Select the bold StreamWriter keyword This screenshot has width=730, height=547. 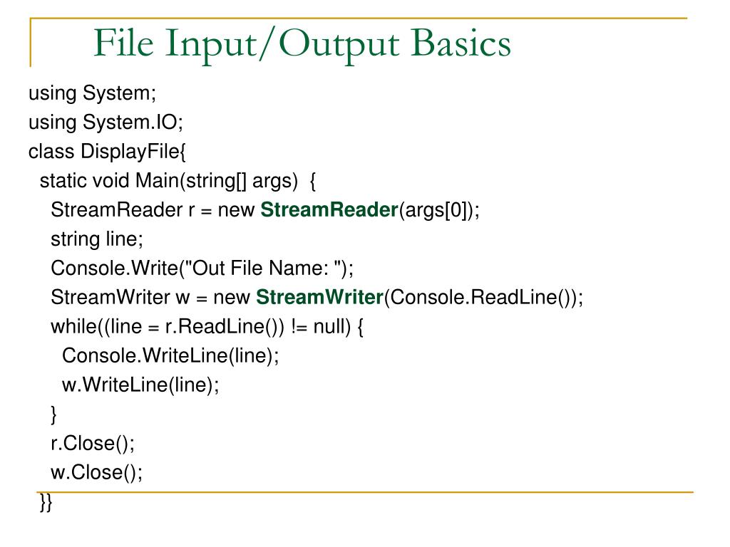320,298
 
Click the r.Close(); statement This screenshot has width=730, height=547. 93,443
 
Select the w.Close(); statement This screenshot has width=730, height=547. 96,472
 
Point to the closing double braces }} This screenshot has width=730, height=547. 46,503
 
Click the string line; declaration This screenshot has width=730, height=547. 97,240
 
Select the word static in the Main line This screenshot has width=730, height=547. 64,182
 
